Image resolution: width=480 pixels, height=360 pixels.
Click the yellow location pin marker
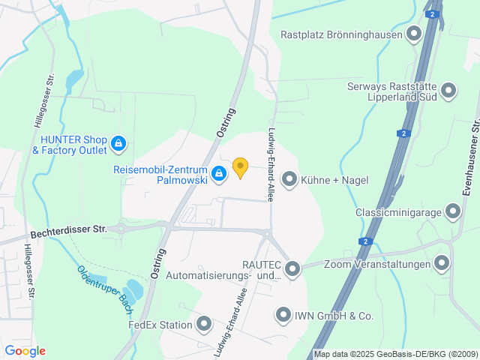[240, 167]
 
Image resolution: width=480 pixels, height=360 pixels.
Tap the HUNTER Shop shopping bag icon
[118, 142]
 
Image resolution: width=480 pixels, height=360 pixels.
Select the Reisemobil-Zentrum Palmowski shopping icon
[218, 175]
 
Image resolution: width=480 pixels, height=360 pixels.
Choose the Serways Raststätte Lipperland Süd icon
[448, 91]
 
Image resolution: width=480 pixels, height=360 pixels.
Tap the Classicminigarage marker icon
[452, 211]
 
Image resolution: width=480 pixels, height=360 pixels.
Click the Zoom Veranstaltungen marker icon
[442, 263]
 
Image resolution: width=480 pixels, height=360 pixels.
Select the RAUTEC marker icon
[292, 268]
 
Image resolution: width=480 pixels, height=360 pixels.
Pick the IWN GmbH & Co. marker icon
[283, 316]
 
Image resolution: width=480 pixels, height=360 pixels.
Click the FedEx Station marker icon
[204, 324]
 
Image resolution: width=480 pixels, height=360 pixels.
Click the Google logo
[25, 351]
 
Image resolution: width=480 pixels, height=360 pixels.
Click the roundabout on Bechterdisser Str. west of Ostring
[121, 228]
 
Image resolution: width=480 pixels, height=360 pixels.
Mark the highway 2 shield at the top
[432, 13]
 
